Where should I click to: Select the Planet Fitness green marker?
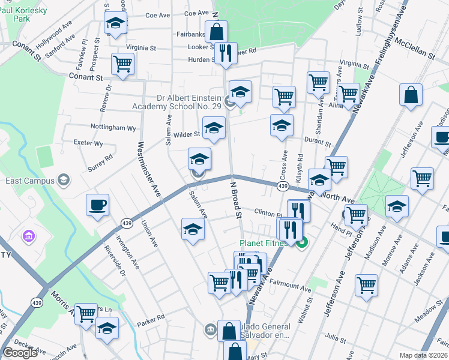(303, 243)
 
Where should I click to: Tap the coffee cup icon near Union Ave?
(97, 206)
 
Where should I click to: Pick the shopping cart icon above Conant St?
(122, 64)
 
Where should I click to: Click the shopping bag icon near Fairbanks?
(216, 32)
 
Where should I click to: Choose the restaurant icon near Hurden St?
(226, 53)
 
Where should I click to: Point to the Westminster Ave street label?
(150, 170)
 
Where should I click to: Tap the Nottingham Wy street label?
(112, 128)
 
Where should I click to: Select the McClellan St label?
(414, 52)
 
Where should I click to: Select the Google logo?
(20, 353)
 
